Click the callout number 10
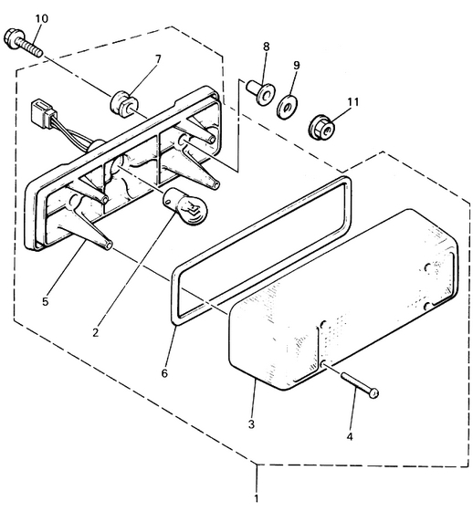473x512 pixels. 41,19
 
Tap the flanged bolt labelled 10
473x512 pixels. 23,43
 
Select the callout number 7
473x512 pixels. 158,59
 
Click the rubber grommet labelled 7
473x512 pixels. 124,104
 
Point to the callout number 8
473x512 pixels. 267,47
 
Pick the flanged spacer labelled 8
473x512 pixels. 260,92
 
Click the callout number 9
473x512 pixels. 296,66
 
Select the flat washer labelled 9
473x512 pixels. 288,107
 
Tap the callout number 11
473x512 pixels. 352,102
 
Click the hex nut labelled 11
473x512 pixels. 322,130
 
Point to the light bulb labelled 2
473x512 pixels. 185,207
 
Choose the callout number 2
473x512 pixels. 95,333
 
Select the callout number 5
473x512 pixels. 45,301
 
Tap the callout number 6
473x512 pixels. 164,372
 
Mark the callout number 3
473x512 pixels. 251,424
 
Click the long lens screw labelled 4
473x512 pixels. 360,386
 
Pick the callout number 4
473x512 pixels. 350,436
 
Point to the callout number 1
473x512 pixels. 256,498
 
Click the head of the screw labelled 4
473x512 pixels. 373,393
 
